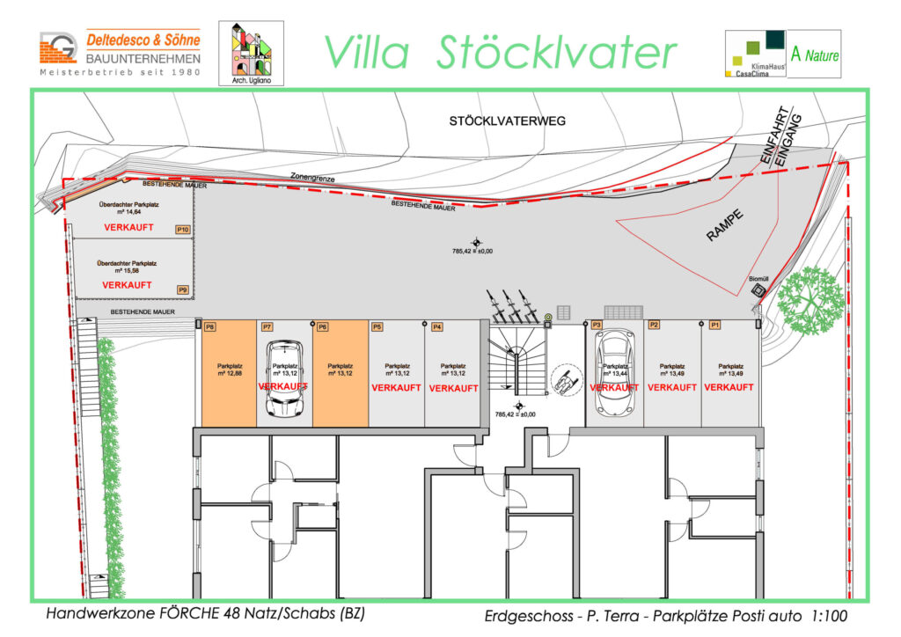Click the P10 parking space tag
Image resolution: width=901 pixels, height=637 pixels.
[x=183, y=231]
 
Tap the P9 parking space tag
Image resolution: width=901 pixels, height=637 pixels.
[x=183, y=289]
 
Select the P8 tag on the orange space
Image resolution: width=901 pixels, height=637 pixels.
[x=209, y=327]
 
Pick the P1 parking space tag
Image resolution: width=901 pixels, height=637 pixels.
[x=715, y=325]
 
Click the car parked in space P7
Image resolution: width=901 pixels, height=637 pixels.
[x=284, y=379]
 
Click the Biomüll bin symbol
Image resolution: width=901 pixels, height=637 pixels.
[x=758, y=291]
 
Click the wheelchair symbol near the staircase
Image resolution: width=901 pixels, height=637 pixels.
[x=565, y=380]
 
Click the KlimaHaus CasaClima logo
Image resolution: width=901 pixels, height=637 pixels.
[x=753, y=55]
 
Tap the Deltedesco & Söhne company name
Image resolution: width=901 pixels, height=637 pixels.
[x=143, y=40]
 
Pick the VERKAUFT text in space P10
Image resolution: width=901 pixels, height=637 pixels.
[x=128, y=227]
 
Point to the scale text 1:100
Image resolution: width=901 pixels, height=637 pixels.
[x=823, y=618]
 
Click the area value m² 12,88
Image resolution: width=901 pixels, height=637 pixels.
[x=225, y=373]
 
